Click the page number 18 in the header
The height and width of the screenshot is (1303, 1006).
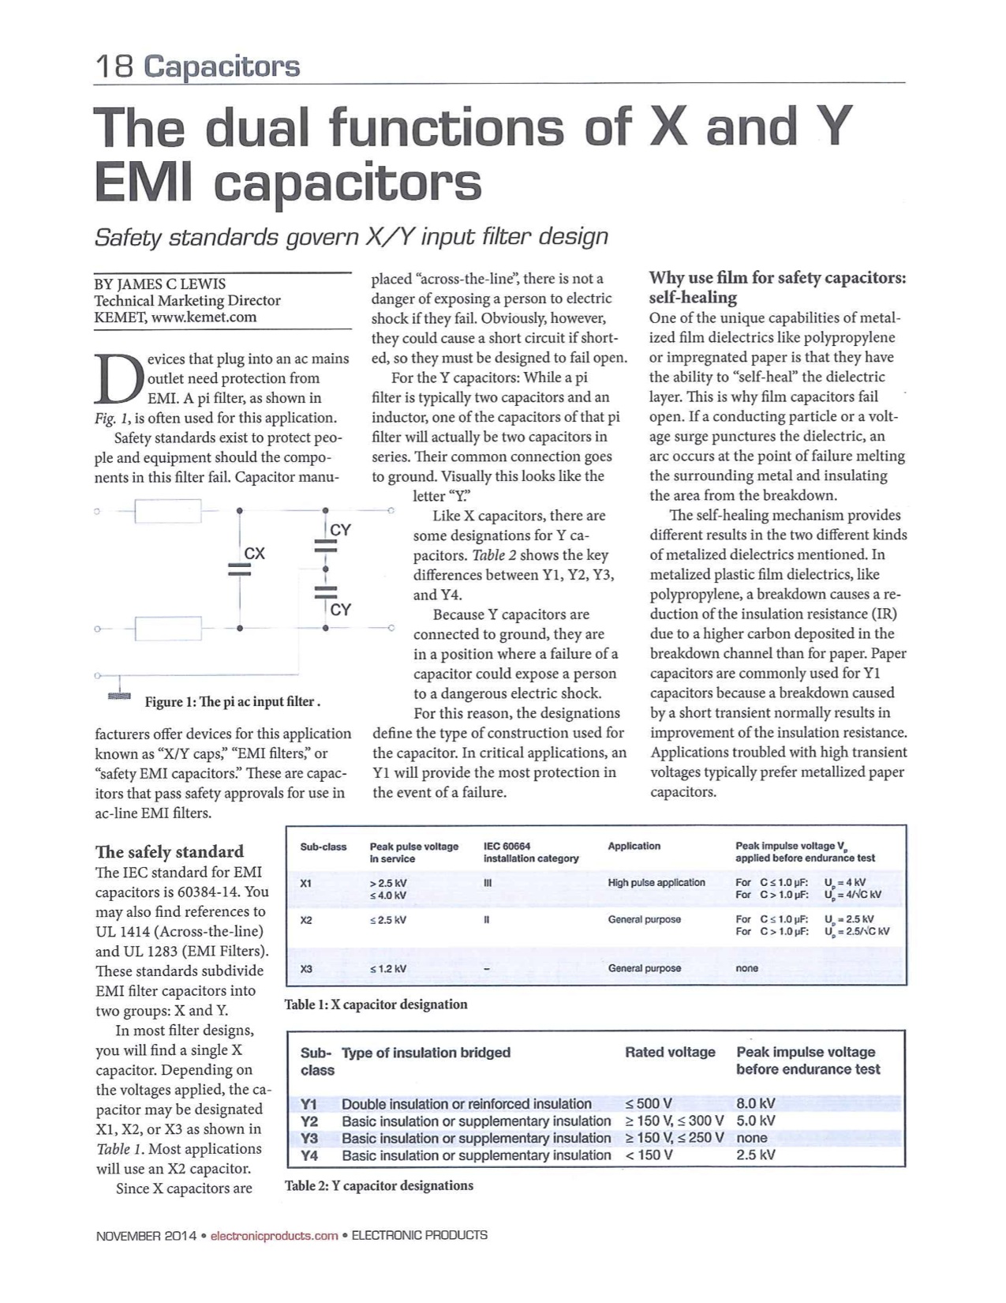point(114,66)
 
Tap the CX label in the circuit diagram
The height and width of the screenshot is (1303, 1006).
point(254,554)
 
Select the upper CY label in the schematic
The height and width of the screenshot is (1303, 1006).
point(340,530)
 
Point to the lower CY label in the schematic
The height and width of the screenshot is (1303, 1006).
point(340,610)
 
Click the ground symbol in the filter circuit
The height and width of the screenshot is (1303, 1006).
point(119,696)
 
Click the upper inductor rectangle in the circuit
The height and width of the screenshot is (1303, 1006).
point(168,511)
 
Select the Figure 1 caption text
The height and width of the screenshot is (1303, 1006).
point(232,702)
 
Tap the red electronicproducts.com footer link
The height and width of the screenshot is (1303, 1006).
point(274,1235)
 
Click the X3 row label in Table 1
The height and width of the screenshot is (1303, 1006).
point(307,968)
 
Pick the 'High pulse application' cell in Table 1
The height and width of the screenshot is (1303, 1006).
point(656,883)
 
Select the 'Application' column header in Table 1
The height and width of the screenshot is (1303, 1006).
point(634,846)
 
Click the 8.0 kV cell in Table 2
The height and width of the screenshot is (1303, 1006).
point(756,1104)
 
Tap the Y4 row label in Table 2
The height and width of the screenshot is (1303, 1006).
point(309,1155)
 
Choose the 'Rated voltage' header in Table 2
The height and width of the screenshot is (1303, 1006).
point(670,1052)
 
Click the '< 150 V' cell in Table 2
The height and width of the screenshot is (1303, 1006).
point(649,1155)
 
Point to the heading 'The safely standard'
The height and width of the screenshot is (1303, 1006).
point(169,851)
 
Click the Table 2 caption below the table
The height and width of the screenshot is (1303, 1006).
point(379,1185)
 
